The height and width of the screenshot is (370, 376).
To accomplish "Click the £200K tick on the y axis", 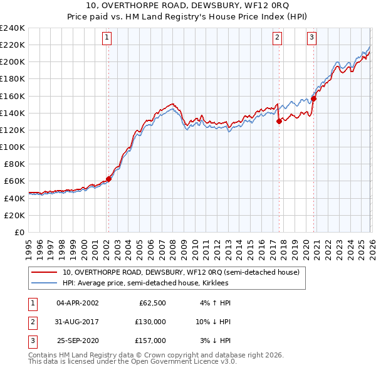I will point(12,62).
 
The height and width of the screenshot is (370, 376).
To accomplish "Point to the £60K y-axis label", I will point(14,181).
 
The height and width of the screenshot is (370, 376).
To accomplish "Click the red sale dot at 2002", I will point(108,179).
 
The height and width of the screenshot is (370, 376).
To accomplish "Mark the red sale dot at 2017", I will point(279,122).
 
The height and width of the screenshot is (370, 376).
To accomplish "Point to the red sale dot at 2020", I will point(313,98).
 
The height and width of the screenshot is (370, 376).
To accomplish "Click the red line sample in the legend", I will point(44,272).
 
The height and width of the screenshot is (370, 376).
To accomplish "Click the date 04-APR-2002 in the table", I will point(78,302).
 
